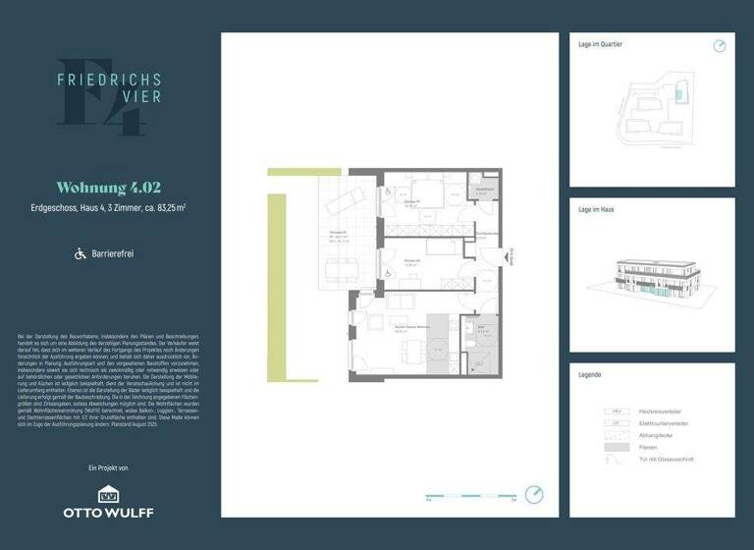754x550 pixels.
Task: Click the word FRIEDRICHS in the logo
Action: tap(109, 81)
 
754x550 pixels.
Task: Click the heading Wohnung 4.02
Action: tap(108, 187)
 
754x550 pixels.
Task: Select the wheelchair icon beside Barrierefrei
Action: tap(81, 253)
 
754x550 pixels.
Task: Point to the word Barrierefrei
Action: tap(113, 253)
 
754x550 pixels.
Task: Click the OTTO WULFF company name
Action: tap(108, 512)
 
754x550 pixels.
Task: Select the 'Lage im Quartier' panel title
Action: tap(601, 44)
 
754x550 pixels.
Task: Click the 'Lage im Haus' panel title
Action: tap(597, 210)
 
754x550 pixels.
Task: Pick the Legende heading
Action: tap(590, 375)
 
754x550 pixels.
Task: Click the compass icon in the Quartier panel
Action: tap(720, 46)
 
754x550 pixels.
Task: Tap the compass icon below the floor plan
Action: tap(534, 494)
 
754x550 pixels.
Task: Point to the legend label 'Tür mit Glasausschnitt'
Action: tap(673, 459)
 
